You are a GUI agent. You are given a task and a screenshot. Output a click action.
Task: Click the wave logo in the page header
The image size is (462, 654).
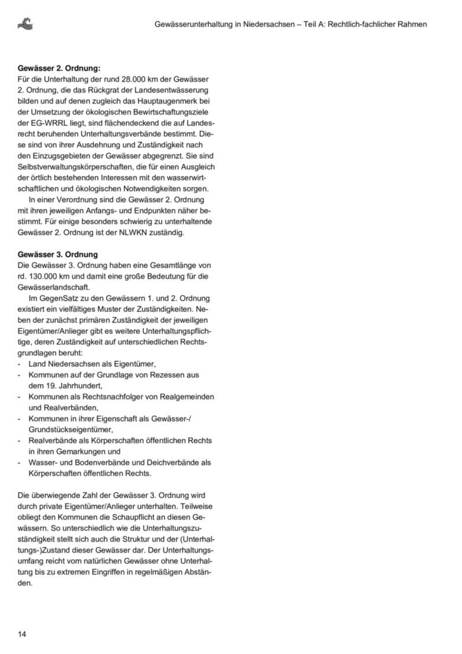[25, 24]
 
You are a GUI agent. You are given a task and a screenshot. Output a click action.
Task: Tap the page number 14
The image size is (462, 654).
[22, 634]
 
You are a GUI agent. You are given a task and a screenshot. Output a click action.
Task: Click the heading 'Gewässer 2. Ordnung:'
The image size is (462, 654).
[59, 68]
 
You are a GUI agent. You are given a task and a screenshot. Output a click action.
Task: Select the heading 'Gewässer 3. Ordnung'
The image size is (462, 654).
[58, 254]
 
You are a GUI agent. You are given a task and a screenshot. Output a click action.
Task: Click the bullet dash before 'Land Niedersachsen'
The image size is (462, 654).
[20, 364]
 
